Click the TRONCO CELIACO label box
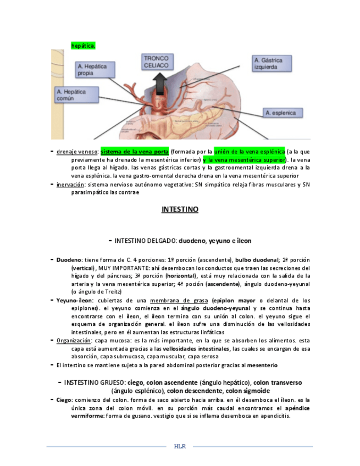[156, 62]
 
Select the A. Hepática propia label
[92, 69]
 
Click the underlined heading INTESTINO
[180, 209]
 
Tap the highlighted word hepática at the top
[83, 45]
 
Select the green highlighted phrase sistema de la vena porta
[135, 151]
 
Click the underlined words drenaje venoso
[76, 151]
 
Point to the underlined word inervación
[70, 185]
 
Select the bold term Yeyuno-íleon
[74, 301]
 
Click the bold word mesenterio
[263, 365]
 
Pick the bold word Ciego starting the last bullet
[64, 400]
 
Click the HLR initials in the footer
[180, 446]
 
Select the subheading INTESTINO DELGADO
[146, 241]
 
